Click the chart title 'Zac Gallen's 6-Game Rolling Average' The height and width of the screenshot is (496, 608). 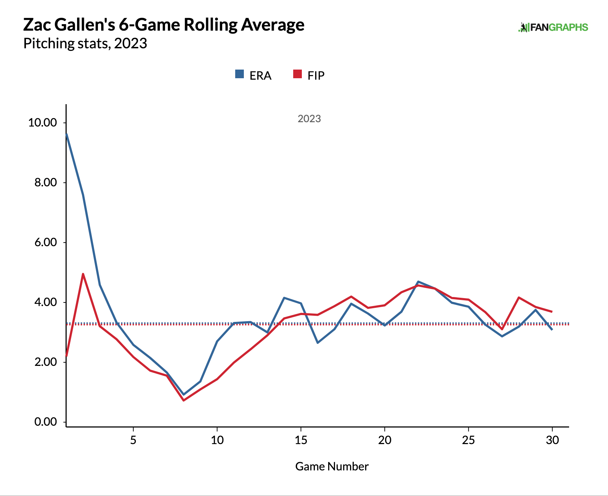(x=164, y=25)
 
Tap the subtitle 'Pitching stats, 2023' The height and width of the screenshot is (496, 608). (x=85, y=44)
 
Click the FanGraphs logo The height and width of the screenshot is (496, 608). (x=553, y=27)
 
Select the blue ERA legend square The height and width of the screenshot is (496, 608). (x=240, y=74)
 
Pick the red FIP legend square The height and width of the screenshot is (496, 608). (x=298, y=74)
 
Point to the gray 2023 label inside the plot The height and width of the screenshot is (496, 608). (x=309, y=119)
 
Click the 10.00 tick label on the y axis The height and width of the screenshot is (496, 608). (x=43, y=123)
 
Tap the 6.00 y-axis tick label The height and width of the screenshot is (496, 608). (x=45, y=242)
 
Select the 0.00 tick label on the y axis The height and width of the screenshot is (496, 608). (x=45, y=422)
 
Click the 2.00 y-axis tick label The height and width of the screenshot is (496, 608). (x=45, y=362)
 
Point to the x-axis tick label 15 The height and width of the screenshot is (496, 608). (x=301, y=440)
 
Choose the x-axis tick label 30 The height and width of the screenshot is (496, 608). (x=552, y=440)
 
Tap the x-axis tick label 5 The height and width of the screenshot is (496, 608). (x=133, y=440)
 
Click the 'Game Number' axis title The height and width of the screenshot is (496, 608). (x=332, y=466)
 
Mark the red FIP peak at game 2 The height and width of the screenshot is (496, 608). (x=83, y=274)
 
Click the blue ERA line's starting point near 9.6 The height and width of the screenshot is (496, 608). (x=67, y=134)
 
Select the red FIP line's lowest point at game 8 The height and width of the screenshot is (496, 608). (x=184, y=400)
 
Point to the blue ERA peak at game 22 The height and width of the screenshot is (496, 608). (x=418, y=282)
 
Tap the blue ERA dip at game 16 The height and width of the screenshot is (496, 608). (x=318, y=342)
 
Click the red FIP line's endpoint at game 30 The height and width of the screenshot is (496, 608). (x=552, y=311)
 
